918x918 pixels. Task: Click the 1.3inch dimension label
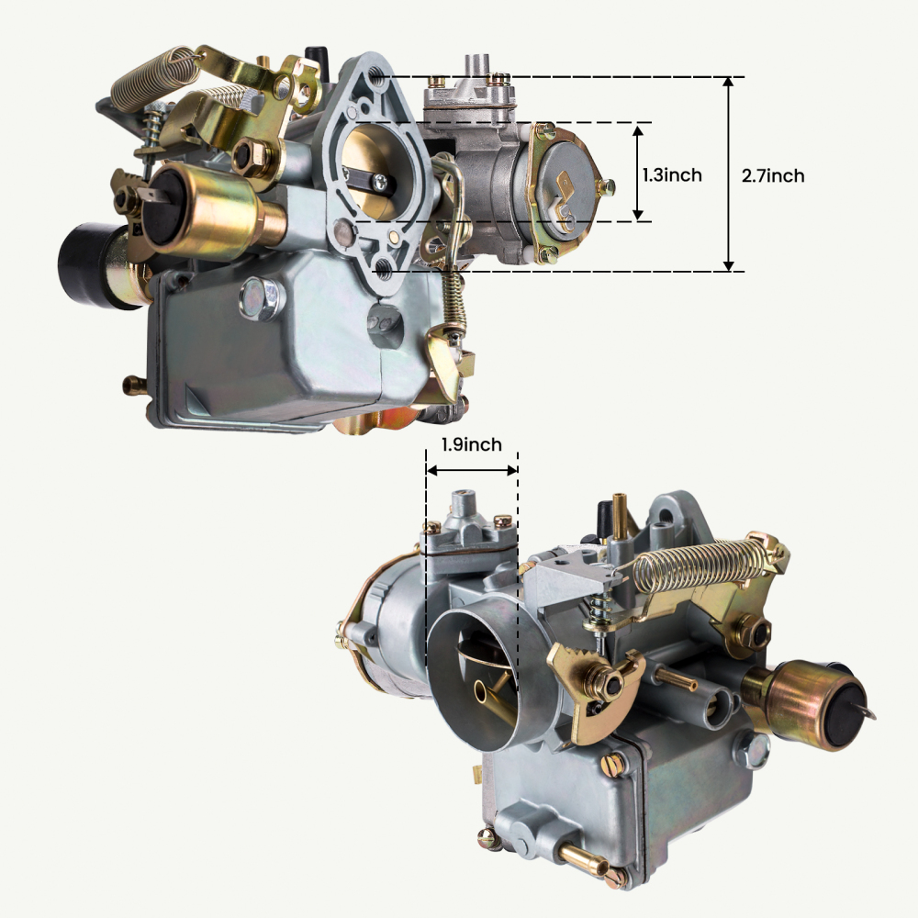(673, 174)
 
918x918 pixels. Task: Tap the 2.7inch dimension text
(772, 175)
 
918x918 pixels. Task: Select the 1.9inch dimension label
(471, 445)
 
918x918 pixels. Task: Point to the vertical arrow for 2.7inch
(729, 174)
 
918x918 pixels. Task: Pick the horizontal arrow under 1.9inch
(472, 470)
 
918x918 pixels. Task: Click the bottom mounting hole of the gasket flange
(384, 268)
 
